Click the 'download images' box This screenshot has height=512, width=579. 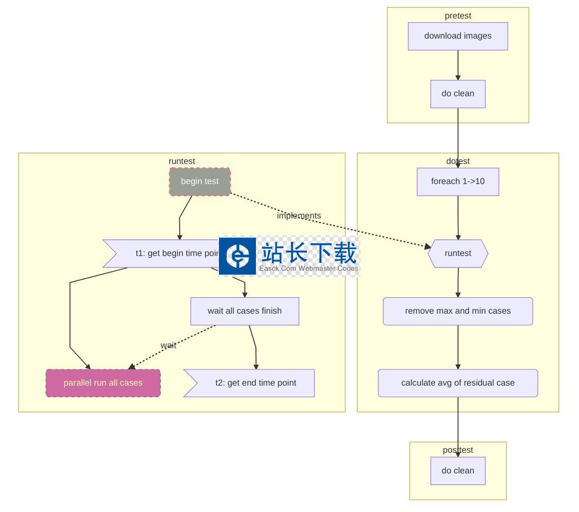coord(458,36)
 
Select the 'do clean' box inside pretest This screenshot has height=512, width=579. coord(458,94)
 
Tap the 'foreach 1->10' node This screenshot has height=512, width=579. coord(458,181)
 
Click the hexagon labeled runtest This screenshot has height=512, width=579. coord(458,253)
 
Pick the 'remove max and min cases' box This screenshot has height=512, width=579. coord(458,311)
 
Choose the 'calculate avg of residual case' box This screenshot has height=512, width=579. coord(458,383)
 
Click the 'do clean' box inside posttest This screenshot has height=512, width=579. coord(458,471)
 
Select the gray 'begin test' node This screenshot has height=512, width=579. coord(200,181)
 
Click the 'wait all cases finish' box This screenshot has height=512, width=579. coord(245,311)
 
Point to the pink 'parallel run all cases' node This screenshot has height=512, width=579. coord(103,383)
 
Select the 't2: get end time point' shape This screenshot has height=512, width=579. coord(255,383)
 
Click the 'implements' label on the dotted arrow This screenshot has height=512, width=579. coord(299,216)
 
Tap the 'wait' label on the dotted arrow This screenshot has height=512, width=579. coord(169,345)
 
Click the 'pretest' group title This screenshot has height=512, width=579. coord(458,16)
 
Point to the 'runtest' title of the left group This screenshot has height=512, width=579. coord(182,161)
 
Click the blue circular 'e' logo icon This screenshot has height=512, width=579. coord(237,256)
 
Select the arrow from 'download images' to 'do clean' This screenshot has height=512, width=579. coord(458,65)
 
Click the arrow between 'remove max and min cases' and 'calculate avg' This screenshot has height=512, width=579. coord(458,347)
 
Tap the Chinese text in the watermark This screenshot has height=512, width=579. coord(309,253)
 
